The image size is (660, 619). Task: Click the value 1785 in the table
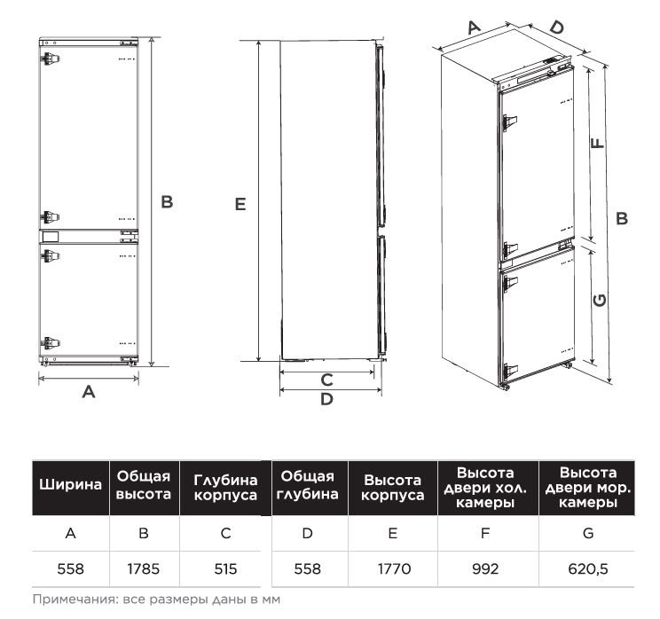pyautogui.click(x=143, y=569)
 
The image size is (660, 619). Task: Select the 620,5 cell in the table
pyautogui.click(x=587, y=569)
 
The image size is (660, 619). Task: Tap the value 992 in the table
pyautogui.click(x=485, y=569)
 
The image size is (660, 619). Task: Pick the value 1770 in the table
pyautogui.click(x=394, y=569)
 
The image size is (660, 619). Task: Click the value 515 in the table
pyautogui.click(x=225, y=569)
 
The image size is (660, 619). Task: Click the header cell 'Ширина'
pyautogui.click(x=70, y=485)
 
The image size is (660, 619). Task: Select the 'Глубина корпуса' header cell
pyautogui.click(x=225, y=488)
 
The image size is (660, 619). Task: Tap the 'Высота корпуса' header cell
pyautogui.click(x=393, y=488)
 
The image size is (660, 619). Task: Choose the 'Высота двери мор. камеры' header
pyautogui.click(x=587, y=488)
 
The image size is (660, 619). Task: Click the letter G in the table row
pyautogui.click(x=587, y=533)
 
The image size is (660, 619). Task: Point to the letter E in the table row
pyautogui.click(x=393, y=533)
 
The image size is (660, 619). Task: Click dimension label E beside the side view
pyautogui.click(x=240, y=205)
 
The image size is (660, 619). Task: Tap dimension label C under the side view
pyautogui.click(x=326, y=380)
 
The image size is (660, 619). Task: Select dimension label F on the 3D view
pyautogui.click(x=597, y=143)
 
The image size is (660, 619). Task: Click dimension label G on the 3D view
pyautogui.click(x=600, y=300)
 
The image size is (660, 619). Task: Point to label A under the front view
pyautogui.click(x=89, y=392)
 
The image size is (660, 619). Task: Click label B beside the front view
pyautogui.click(x=167, y=202)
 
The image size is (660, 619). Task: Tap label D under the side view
pyautogui.click(x=326, y=399)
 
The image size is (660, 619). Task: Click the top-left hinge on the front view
pyautogui.click(x=50, y=58)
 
